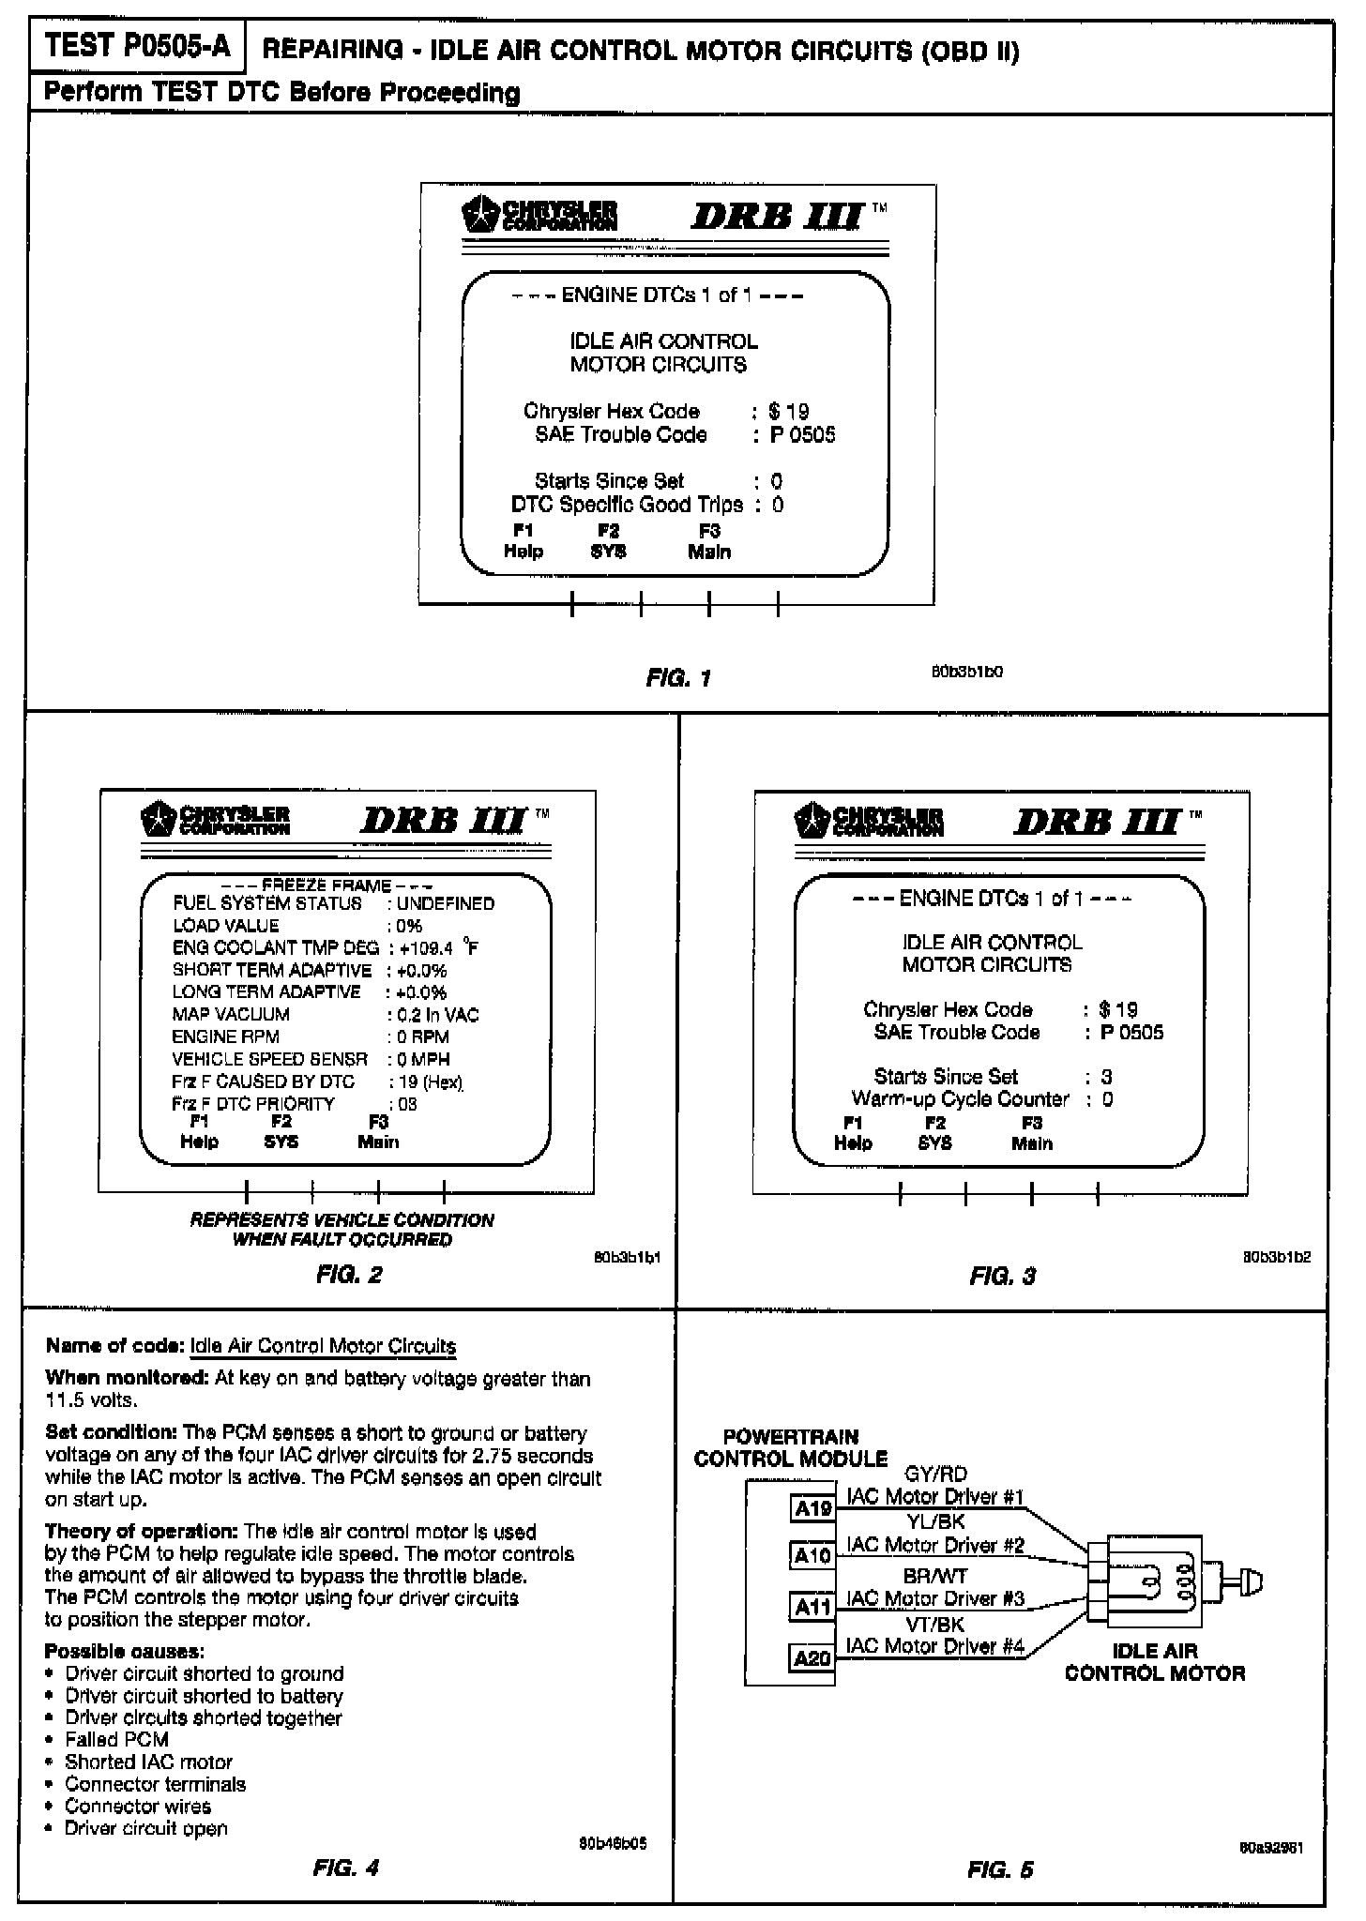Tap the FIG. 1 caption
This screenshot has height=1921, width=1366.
678,677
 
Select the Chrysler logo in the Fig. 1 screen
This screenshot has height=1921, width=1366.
540,215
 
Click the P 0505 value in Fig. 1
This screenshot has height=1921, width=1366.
802,434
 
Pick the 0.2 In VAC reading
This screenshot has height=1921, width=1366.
437,1015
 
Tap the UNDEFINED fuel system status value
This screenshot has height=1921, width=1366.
446,903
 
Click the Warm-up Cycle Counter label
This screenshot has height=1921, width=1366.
960,1098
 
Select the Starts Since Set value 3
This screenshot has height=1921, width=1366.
1107,1077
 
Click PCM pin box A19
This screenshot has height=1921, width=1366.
812,1508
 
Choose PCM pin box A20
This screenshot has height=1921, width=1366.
812,1657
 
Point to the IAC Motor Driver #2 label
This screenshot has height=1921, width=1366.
934,1545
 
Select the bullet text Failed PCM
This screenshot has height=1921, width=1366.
116,1739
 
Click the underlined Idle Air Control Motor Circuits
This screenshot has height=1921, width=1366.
323,1346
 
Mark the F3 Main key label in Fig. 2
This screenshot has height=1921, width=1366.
378,1132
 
